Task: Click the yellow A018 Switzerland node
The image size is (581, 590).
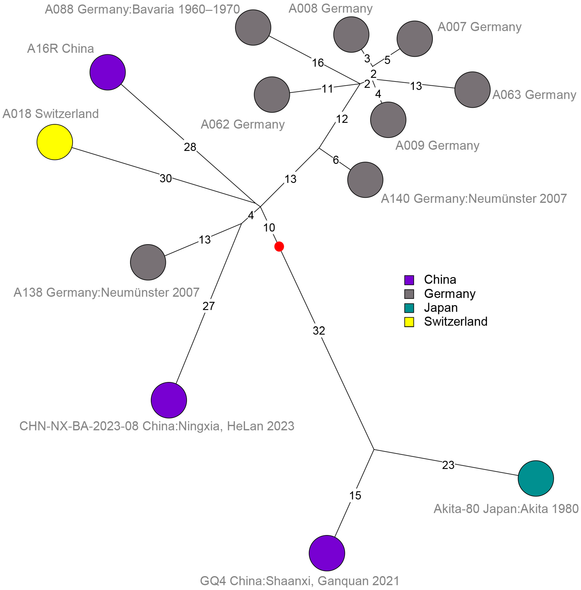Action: tap(55, 142)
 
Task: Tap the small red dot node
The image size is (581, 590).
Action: tap(279, 246)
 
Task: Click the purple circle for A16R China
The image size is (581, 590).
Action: tap(107, 72)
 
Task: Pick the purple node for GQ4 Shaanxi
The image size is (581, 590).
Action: tap(327, 553)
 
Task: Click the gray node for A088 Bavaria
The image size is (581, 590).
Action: tap(253, 28)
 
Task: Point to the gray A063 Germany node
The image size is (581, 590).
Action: tap(472, 90)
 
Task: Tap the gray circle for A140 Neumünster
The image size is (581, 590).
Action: tap(365, 180)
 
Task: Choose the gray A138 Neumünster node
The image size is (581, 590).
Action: tap(148, 262)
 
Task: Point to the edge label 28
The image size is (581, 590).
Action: tap(190, 147)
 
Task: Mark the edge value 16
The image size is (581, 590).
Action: tap(318, 63)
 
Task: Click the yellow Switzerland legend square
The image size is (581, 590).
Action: tap(409, 322)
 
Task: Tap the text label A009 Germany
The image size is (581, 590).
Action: tap(437, 146)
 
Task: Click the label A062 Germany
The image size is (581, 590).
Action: tap(243, 125)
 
